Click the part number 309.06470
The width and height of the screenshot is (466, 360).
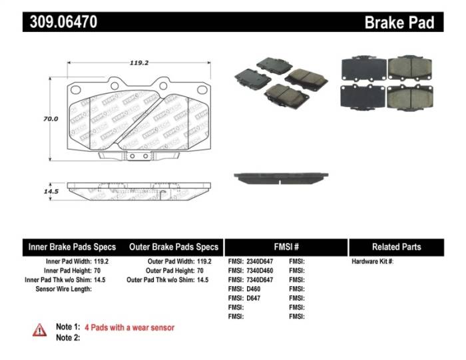coord(63,22)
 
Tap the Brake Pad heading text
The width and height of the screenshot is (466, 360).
coord(399,23)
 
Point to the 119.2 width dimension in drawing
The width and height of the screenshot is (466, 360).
coord(138,63)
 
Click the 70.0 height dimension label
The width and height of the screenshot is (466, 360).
coord(51,119)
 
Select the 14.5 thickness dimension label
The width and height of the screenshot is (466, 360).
coord(51,191)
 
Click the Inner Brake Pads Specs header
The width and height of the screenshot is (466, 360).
coord(72,247)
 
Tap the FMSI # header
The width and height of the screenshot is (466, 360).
coord(286,247)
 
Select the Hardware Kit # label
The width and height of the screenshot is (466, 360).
coord(372,262)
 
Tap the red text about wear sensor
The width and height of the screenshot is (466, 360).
coord(129,327)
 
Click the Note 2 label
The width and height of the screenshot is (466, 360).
coord(67,337)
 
